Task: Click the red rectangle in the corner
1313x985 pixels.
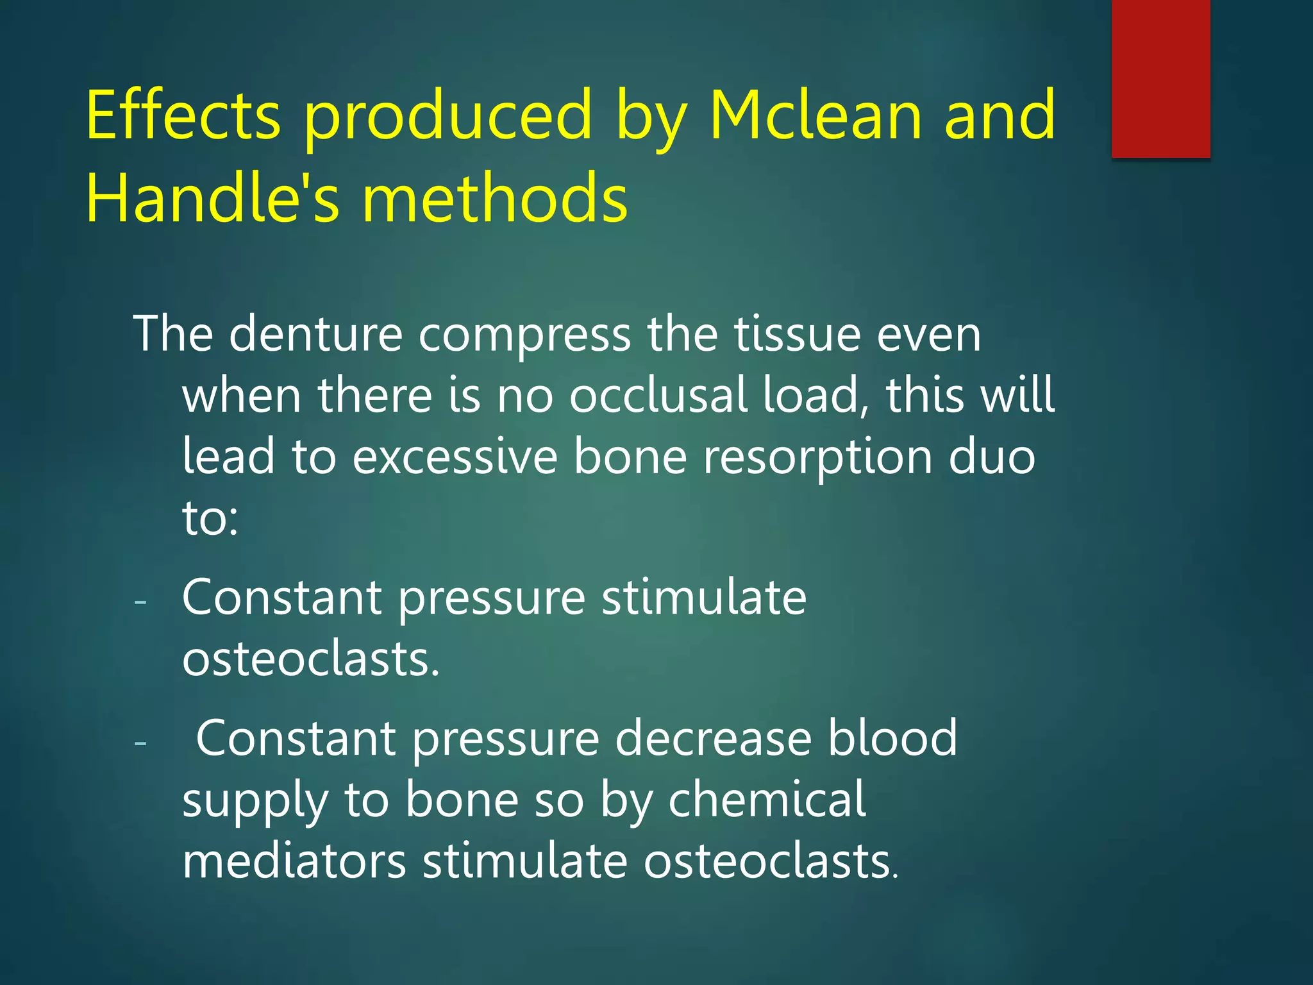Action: [x=1160, y=78]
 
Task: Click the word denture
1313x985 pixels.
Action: [x=315, y=334]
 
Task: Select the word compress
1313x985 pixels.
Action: [x=524, y=334]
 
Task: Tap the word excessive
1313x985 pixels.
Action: [x=455, y=457]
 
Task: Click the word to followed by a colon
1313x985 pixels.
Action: [x=210, y=518]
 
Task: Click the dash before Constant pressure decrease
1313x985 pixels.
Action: [x=140, y=743]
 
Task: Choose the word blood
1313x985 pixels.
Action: [x=892, y=739]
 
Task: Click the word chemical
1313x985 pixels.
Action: [x=767, y=800]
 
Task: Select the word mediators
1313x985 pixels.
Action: [x=294, y=861]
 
